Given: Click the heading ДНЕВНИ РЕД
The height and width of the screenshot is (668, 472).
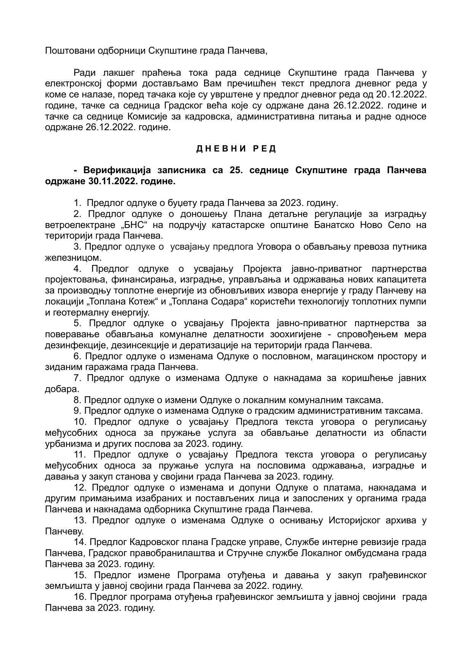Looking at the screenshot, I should [x=236, y=149].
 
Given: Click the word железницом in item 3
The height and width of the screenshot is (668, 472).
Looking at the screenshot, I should [x=68, y=258].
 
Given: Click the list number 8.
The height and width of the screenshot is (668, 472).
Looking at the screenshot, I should [x=78, y=400].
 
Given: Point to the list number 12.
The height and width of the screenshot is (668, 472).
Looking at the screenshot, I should [x=80, y=488].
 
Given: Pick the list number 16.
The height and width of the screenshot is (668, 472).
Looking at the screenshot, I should [x=80, y=597].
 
